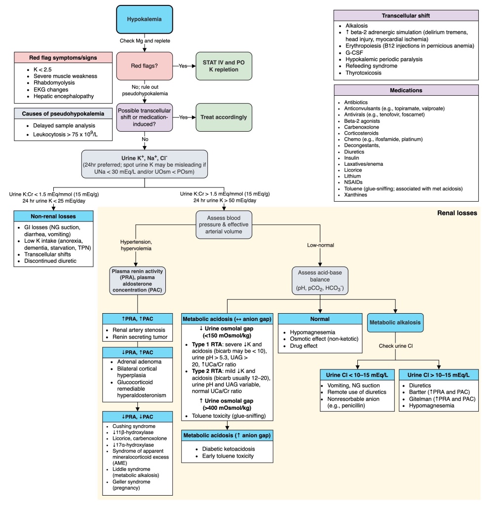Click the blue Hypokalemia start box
[x=144, y=20]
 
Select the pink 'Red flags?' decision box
[x=144, y=66]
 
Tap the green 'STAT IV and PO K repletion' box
[x=224, y=66]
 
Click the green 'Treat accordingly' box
[x=224, y=117]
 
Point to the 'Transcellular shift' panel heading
[x=406, y=15]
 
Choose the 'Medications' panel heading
[x=406, y=90]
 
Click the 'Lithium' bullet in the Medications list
[x=351, y=176]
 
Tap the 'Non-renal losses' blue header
[x=53, y=216]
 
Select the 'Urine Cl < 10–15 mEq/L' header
[x=354, y=374]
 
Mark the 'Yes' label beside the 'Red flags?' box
[x=184, y=66]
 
